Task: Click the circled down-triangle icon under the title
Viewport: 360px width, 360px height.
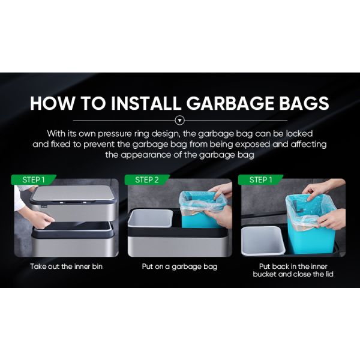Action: coord(180,121)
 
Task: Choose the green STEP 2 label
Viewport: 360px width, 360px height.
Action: coord(147,179)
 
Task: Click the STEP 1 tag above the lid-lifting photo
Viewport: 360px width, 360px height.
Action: coord(34,179)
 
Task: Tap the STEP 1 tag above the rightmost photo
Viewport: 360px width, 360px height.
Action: coord(260,179)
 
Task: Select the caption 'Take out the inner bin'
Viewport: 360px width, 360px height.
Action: coord(67,266)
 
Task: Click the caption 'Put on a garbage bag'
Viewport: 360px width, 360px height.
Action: coord(179,267)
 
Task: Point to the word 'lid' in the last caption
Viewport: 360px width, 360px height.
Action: coord(328,274)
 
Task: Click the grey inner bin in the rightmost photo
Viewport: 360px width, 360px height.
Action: coord(263,241)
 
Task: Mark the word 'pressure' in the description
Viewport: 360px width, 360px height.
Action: coord(115,134)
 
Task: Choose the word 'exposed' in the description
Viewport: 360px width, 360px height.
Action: coord(253,145)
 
